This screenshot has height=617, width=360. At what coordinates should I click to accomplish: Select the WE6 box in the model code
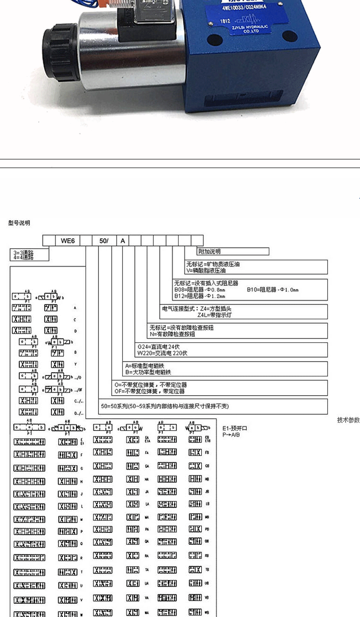(x=67, y=240)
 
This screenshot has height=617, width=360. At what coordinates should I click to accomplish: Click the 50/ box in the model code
(x=104, y=240)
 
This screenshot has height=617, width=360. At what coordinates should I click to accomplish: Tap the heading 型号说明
(x=19, y=222)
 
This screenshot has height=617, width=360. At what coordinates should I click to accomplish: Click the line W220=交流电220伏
(x=162, y=353)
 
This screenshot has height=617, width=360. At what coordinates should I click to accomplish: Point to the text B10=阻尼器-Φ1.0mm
(x=272, y=290)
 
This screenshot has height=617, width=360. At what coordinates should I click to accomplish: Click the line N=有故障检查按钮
(x=173, y=334)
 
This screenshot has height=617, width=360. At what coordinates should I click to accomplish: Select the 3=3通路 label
(x=23, y=251)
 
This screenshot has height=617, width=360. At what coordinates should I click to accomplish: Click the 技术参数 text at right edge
(x=348, y=420)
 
